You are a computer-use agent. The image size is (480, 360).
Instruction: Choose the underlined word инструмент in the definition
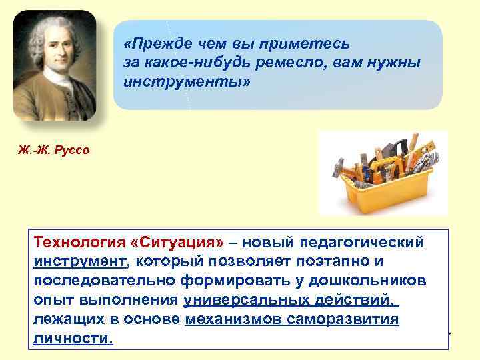click(x=79, y=261)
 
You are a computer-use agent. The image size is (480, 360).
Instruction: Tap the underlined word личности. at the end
click(x=73, y=339)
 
